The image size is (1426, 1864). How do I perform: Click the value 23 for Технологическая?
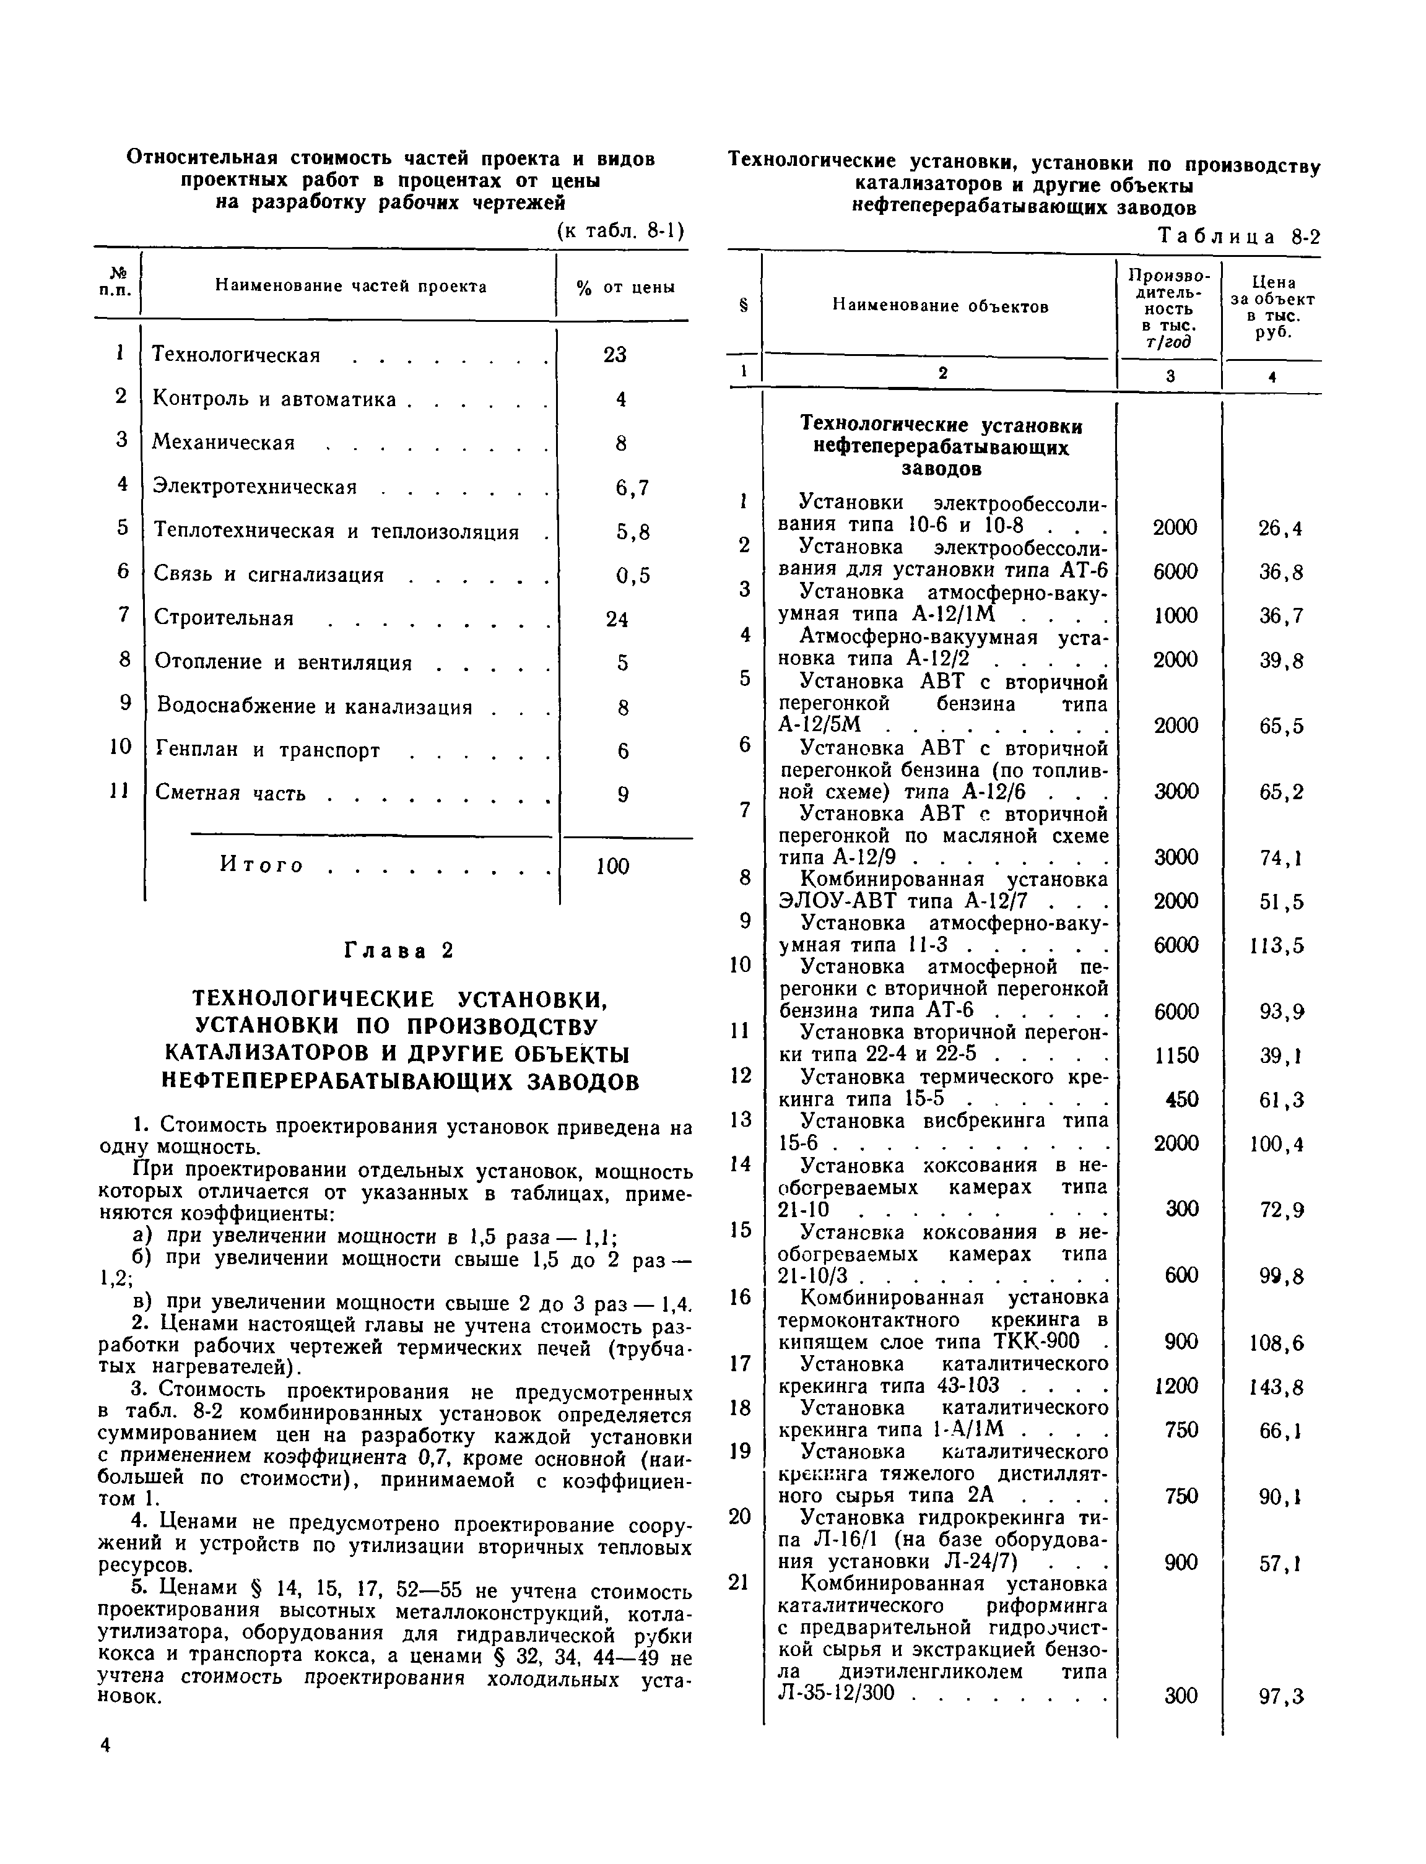pos(614,355)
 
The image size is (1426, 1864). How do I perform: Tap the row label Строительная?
pos(224,618)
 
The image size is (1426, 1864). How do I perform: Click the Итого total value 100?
pos(612,866)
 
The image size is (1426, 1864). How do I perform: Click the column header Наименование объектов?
pos(941,306)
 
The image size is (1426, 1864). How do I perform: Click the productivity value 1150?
pos(1176,1056)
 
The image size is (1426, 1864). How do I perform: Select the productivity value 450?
pos(1181,1099)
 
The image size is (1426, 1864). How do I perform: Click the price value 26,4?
pos(1280,529)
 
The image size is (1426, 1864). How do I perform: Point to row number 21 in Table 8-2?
pos(739,1582)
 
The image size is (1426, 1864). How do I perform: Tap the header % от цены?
pos(625,288)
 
